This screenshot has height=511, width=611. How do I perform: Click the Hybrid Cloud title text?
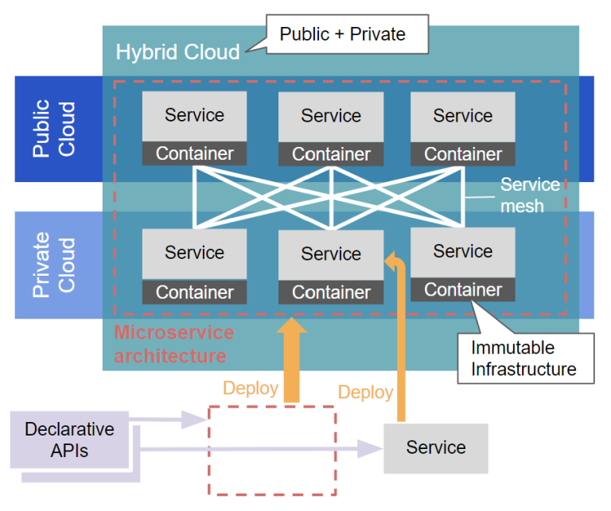point(177,52)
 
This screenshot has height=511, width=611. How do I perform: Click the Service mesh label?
point(529,195)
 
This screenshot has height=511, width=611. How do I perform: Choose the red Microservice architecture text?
point(173,343)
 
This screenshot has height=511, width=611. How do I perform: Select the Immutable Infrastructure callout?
point(523,358)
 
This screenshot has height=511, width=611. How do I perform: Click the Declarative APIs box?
point(69,439)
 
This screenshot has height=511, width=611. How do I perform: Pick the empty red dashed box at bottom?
point(270,449)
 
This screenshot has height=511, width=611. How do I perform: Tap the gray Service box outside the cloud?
point(435,447)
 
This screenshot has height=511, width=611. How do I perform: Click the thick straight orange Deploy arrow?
point(294,362)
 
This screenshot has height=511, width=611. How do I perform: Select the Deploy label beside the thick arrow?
point(251,388)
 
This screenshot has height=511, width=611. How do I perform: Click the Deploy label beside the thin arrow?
point(365,392)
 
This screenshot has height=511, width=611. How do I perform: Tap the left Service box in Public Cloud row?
point(195,116)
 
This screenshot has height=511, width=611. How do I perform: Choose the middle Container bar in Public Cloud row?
point(331,154)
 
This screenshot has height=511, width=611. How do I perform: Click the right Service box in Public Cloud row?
point(462,116)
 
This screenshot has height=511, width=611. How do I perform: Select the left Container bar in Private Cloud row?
point(195,292)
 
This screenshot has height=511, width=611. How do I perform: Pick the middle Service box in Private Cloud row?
point(331,254)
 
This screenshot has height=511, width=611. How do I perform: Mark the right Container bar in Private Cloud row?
point(462,289)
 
